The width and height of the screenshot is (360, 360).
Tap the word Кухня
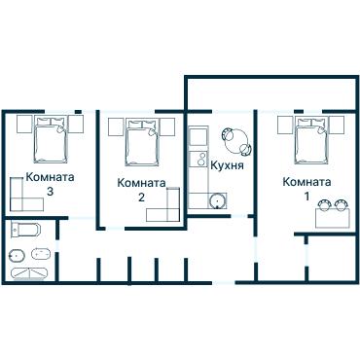(x=226, y=165)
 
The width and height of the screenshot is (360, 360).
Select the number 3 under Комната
(x=50, y=192)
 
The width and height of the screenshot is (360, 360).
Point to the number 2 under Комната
(x=141, y=198)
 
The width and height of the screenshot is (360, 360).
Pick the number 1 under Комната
(x=307, y=197)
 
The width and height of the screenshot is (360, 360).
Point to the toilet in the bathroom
(x=17, y=257)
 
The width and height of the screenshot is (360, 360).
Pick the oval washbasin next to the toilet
(x=39, y=255)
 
